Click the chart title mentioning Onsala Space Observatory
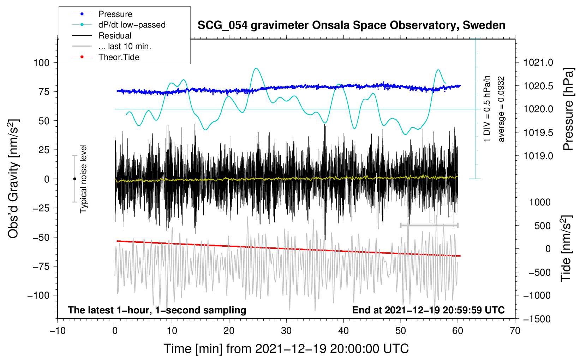click(x=351, y=25)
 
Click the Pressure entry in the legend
click(x=115, y=14)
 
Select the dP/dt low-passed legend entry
click(x=132, y=25)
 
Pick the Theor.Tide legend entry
click(x=119, y=57)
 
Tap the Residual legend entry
click(x=115, y=36)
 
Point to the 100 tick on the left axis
click(x=41, y=63)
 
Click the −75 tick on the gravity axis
click(x=41, y=266)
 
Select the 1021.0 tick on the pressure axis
click(x=538, y=63)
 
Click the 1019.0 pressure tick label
click(x=538, y=156)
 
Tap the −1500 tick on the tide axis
click(x=537, y=319)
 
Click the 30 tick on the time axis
click(x=286, y=331)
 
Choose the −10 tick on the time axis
click(x=58, y=331)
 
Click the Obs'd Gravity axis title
click(x=13, y=179)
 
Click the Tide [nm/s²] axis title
click(x=566, y=248)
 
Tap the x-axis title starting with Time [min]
click(x=286, y=349)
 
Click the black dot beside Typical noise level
click(x=74, y=179)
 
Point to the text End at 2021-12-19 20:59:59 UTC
click(x=428, y=310)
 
